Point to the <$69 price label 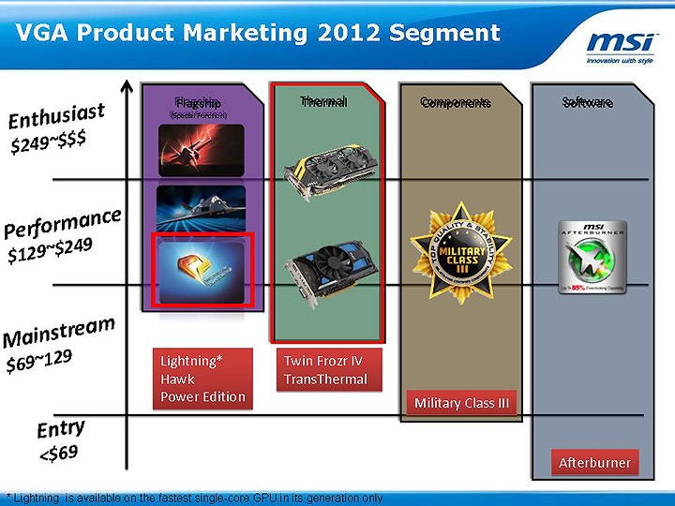(x=58, y=454)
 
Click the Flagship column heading (x=198, y=102)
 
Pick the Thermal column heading (x=324, y=101)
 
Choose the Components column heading (x=455, y=102)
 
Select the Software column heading (x=588, y=102)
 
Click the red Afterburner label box (x=594, y=463)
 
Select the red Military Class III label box (x=461, y=403)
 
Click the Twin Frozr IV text (x=322, y=360)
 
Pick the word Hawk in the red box (x=178, y=379)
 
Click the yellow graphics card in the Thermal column (x=325, y=173)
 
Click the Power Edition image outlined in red (x=203, y=269)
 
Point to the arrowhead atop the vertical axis (x=127, y=88)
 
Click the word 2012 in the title (x=346, y=33)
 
